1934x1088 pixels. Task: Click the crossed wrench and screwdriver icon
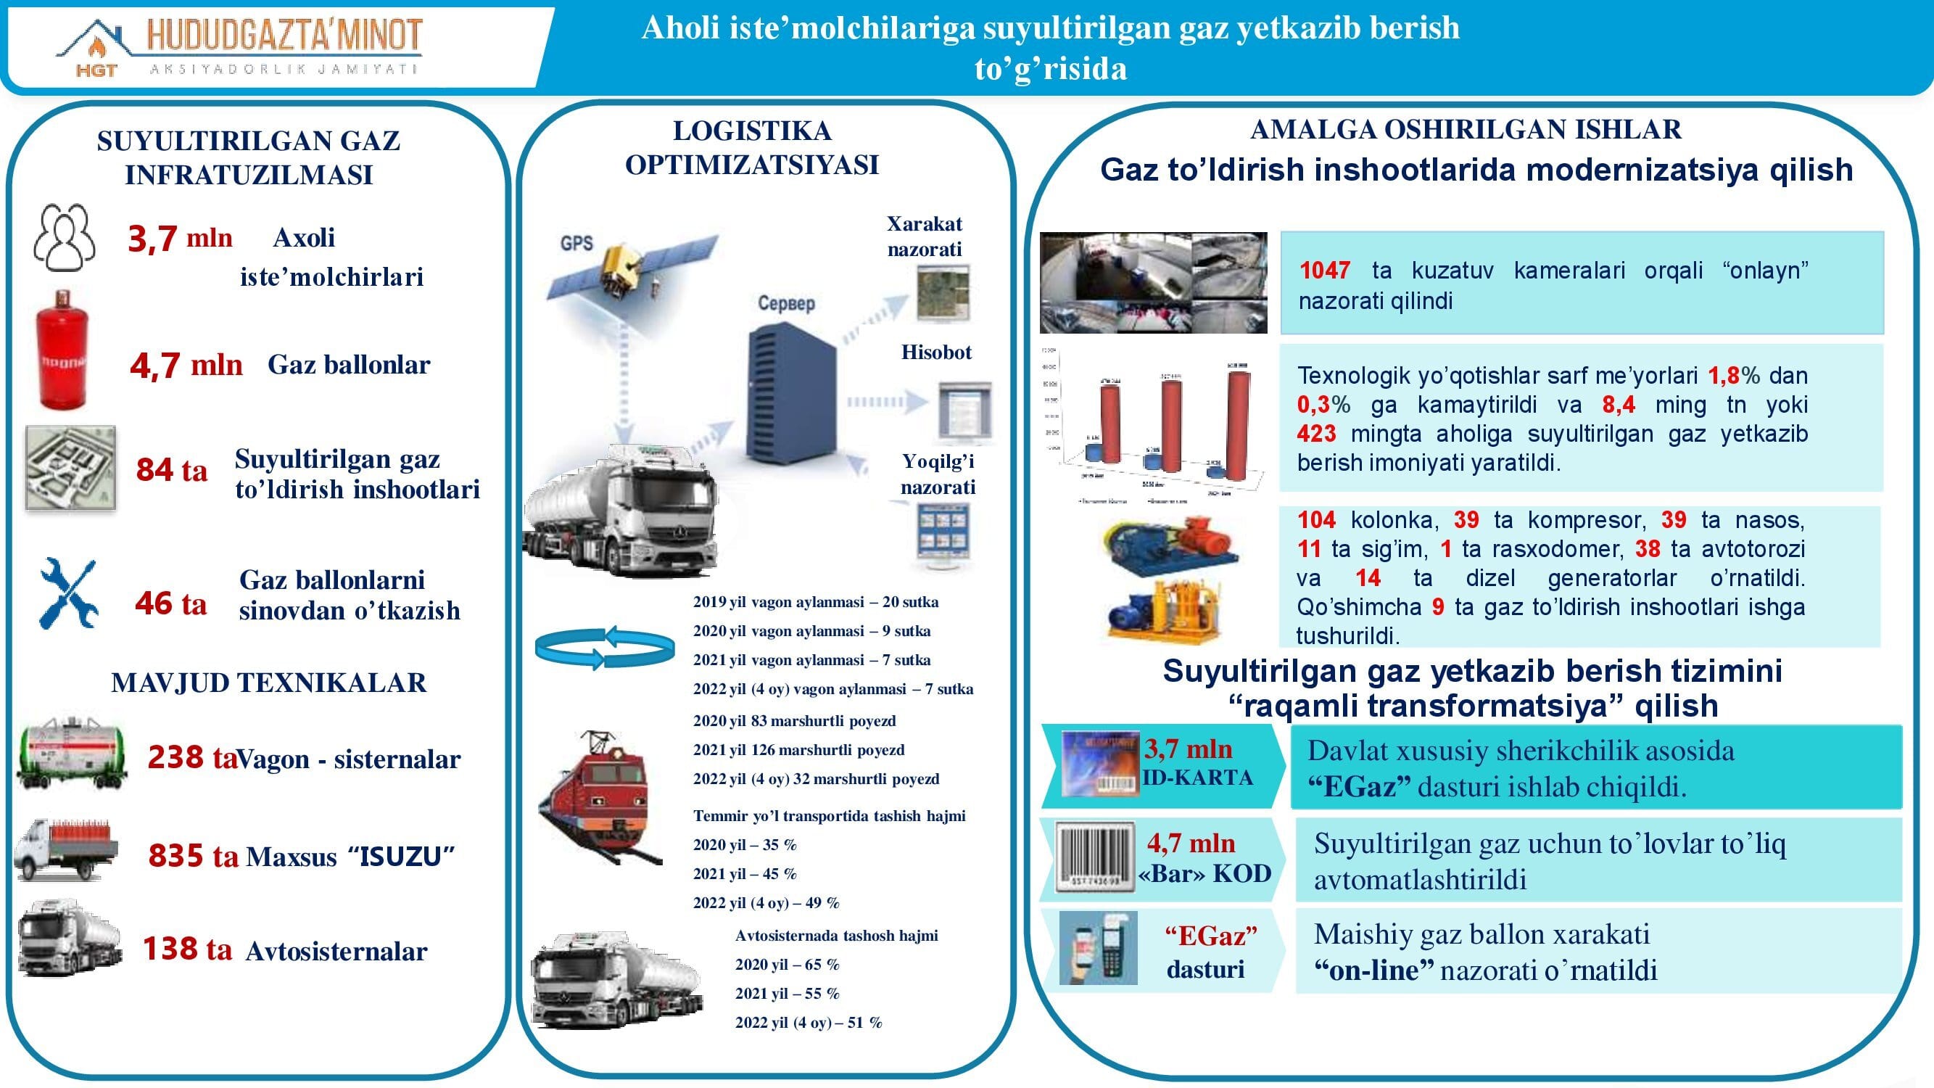coord(68,593)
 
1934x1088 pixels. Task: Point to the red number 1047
coord(1324,271)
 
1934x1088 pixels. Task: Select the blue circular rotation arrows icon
coord(604,646)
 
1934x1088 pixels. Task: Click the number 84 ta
coord(171,470)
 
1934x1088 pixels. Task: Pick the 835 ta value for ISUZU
coord(193,856)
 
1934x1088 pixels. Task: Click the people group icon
coord(65,237)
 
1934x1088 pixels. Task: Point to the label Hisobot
coord(936,353)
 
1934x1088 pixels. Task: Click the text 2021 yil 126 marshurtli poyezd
coord(798,750)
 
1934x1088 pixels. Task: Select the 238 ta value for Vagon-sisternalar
coord(191,758)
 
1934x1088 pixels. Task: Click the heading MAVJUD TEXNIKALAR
coord(269,683)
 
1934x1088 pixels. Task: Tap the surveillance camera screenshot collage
coord(1152,282)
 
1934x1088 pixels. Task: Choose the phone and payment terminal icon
coord(1098,947)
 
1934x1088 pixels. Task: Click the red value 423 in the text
coord(1316,434)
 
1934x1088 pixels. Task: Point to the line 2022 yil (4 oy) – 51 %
coord(808,1023)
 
